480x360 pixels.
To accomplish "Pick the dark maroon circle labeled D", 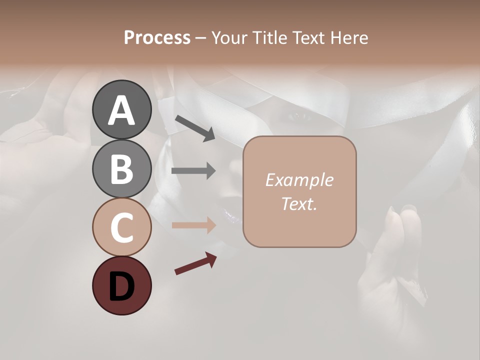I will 121,285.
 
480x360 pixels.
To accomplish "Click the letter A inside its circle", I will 121,110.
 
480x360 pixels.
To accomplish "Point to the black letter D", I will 121,287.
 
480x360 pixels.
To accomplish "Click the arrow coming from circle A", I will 195,128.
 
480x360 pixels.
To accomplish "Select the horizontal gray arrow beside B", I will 193,171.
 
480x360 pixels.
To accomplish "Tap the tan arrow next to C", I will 193,225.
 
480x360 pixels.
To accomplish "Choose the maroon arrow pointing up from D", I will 195,263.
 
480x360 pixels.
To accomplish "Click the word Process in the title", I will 157,37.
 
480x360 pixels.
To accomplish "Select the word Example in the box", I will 299,180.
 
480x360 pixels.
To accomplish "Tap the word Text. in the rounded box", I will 299,203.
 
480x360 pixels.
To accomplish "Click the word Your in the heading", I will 229,37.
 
